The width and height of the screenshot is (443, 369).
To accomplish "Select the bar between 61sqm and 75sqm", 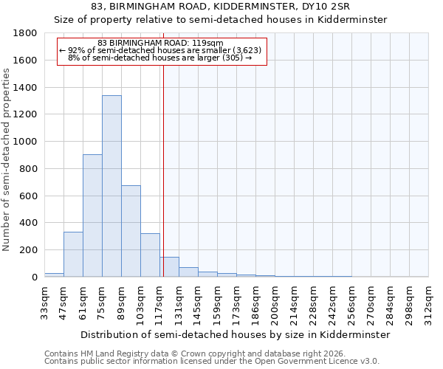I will click(x=92, y=215).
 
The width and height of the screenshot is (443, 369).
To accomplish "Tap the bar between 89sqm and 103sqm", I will click(x=131, y=231).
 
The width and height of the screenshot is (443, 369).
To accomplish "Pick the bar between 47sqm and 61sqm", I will click(x=73, y=255).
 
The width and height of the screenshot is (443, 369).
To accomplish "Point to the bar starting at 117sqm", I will click(x=169, y=267).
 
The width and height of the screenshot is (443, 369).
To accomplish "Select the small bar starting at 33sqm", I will click(x=54, y=275).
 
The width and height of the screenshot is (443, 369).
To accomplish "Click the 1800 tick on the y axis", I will click(x=26, y=33).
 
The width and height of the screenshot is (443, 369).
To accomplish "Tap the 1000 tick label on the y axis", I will click(x=26, y=142).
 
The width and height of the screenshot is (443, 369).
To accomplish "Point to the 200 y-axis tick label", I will click(x=29, y=250).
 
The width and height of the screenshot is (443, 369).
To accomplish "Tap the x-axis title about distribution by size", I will click(x=235, y=334).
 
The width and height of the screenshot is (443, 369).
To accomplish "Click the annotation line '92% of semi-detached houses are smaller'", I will click(x=159, y=50).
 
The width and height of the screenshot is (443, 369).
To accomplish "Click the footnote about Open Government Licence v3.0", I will click(x=211, y=362).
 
